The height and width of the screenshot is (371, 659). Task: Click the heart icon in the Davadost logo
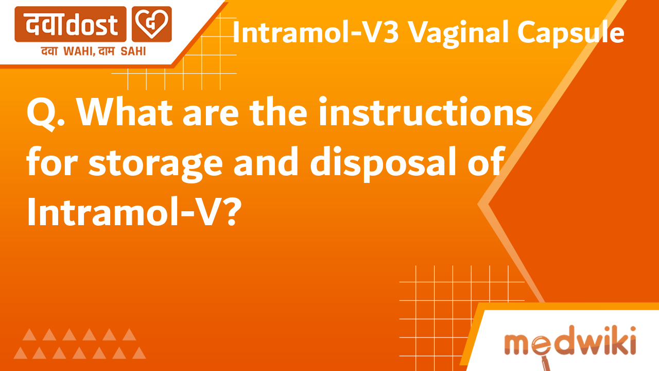point(152,24)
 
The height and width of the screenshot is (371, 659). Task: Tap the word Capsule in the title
point(571,34)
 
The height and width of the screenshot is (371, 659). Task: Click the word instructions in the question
point(425,114)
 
